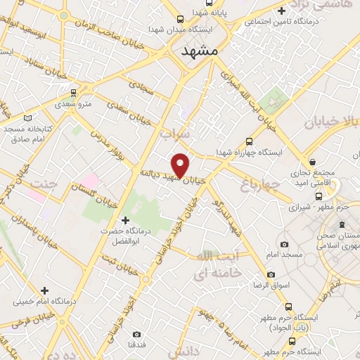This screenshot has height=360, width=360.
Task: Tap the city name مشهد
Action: click(200, 53)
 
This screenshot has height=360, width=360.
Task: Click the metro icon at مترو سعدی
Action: click(73, 92)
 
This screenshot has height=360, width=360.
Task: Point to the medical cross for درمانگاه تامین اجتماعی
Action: click(282, 11)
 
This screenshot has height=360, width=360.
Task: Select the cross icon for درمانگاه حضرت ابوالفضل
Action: click(126, 221)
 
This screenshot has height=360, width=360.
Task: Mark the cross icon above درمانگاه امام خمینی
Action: click(45, 290)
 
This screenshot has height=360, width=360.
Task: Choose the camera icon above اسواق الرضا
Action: click(271, 275)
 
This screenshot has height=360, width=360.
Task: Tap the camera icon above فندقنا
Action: click(136, 334)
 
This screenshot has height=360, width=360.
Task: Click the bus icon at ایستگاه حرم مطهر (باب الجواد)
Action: click(289, 307)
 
